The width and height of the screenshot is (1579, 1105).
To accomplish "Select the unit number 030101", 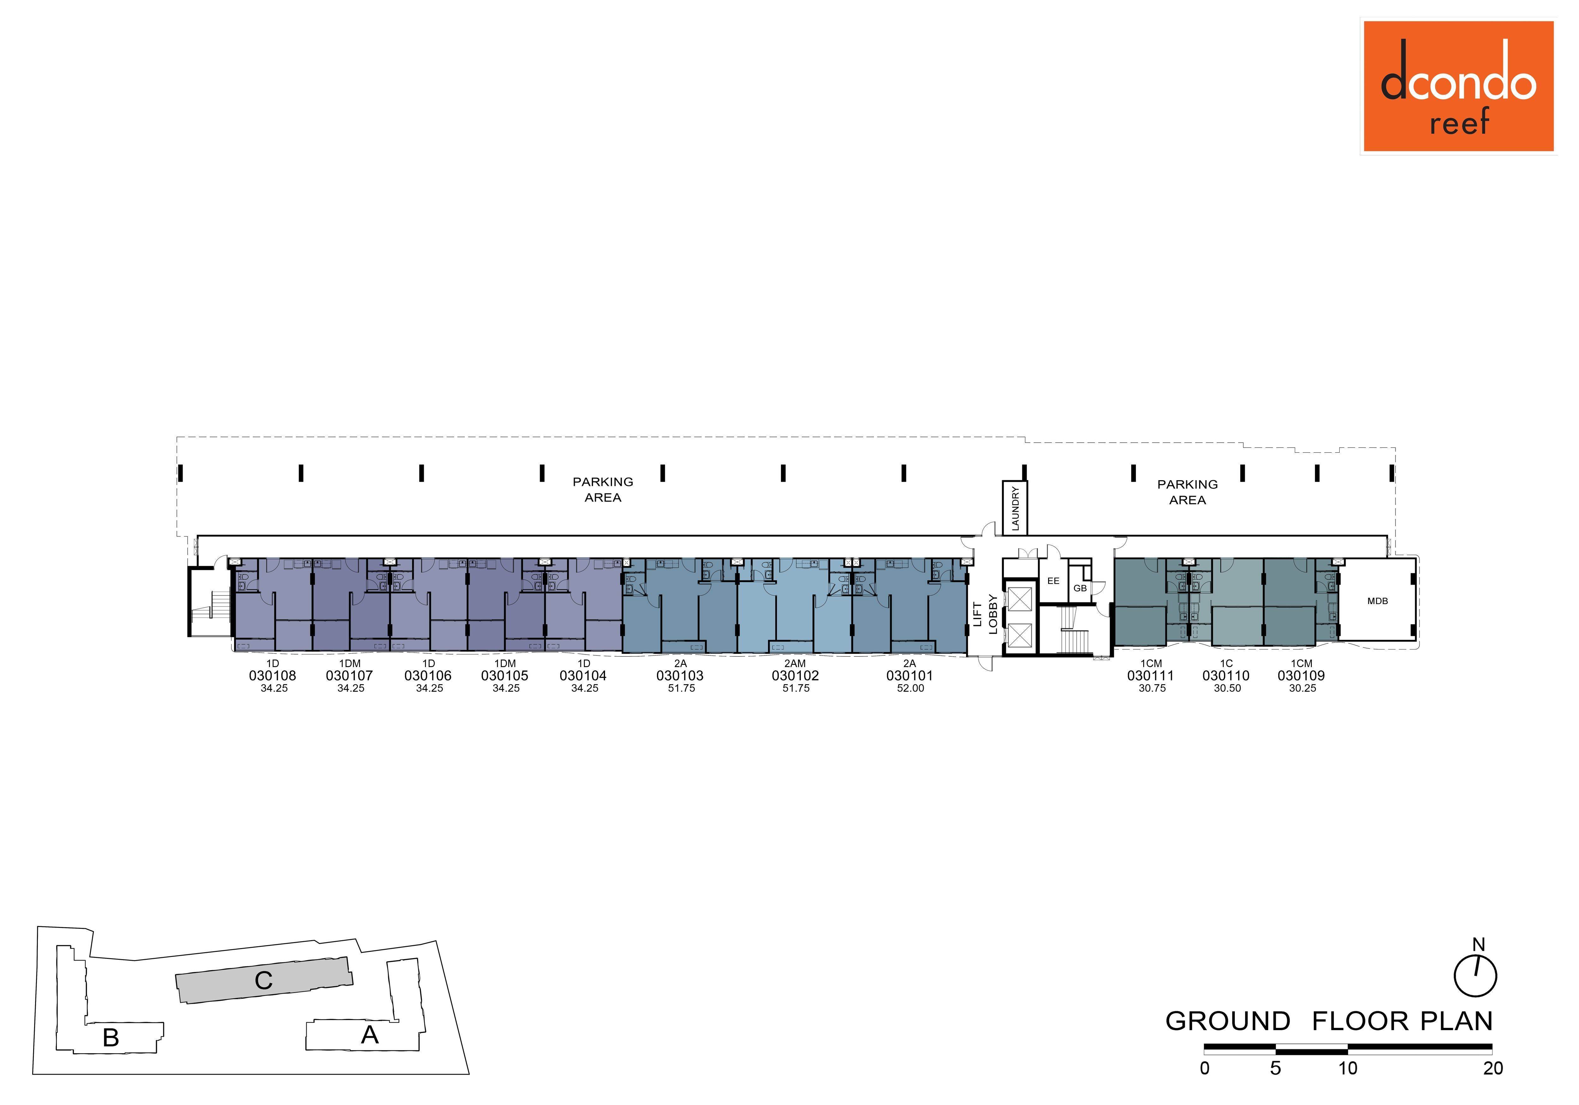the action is coord(910,676).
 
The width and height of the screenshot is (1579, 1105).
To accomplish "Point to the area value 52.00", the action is coord(910,688).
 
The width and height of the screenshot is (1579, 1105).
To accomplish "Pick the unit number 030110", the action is coord(1226,676).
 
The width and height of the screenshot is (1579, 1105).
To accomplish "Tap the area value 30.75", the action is coord(1152,688).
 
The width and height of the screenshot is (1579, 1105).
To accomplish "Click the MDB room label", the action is coord(1378,601).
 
